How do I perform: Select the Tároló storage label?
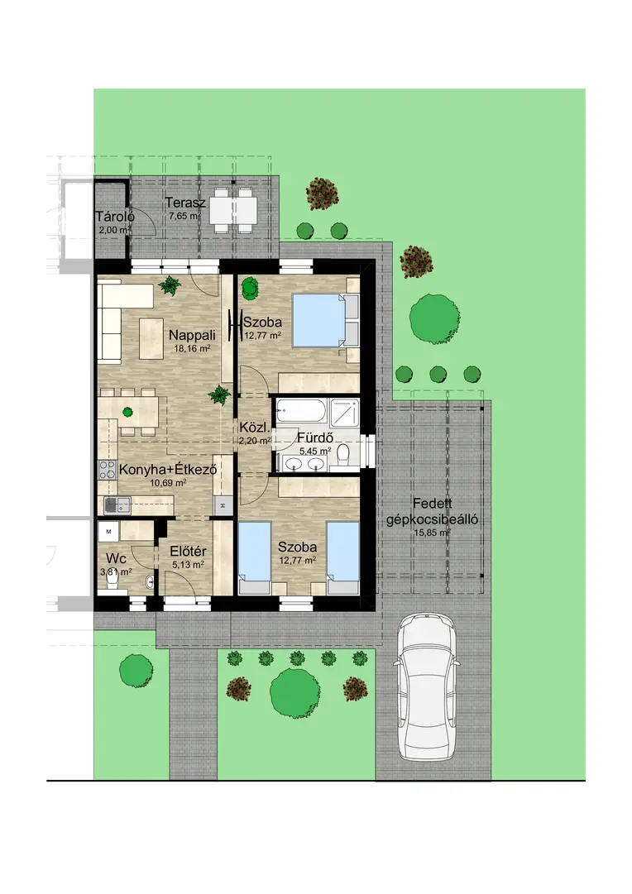pyautogui.click(x=115, y=217)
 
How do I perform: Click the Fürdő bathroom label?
pyautogui.click(x=315, y=438)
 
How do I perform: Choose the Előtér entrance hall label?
pyautogui.click(x=189, y=552)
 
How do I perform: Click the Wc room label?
pyautogui.click(x=116, y=558)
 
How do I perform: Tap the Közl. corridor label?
pyautogui.click(x=251, y=428)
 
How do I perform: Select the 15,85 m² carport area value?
pyautogui.click(x=433, y=533)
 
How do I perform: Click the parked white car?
pyautogui.click(x=427, y=686)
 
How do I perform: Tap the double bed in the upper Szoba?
pyautogui.click(x=325, y=320)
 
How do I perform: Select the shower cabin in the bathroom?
pyautogui.click(x=344, y=412)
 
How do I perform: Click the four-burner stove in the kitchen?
pyautogui.click(x=107, y=470)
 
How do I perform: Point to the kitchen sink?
pyautogui.click(x=117, y=504)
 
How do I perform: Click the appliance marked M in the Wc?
pyautogui.click(x=108, y=532)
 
